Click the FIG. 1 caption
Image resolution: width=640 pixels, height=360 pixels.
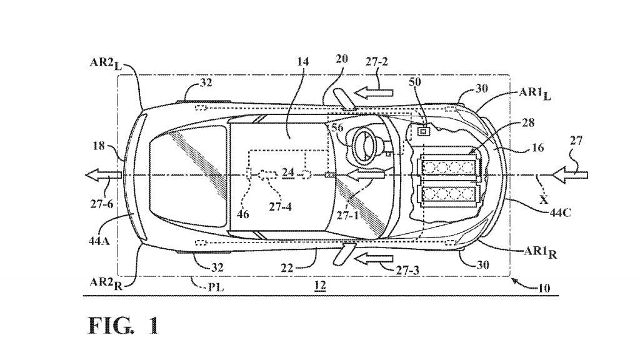[123, 325]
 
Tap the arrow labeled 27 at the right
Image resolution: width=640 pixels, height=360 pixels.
[570, 175]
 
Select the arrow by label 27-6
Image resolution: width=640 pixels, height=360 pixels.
[103, 175]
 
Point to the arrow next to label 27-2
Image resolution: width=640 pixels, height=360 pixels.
[374, 93]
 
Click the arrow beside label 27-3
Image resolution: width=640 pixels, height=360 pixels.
[374, 259]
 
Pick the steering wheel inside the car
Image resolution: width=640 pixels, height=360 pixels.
[364, 144]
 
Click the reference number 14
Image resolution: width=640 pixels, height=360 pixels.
[302, 62]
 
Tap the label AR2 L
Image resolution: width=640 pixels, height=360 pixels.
[106, 63]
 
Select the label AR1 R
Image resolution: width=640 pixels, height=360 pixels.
[541, 252]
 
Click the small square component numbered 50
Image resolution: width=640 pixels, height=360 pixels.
[423, 131]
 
